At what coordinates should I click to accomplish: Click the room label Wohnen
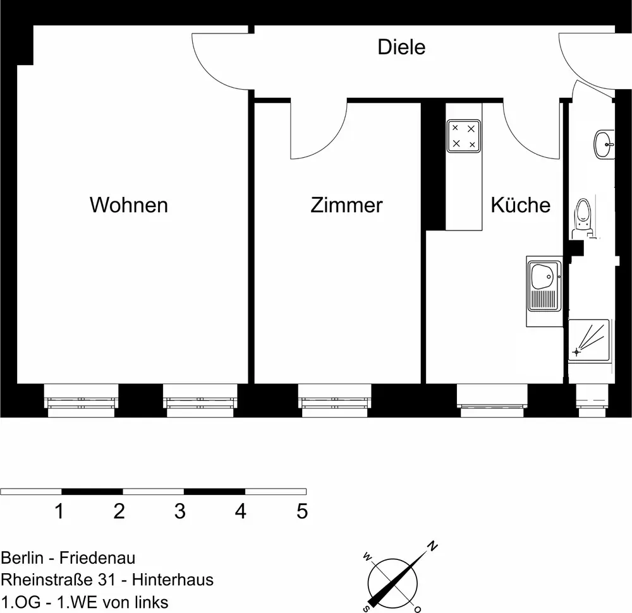(129, 205)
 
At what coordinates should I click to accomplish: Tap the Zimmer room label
(346, 205)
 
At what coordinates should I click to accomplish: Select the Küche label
(520, 205)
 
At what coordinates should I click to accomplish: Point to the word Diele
(401, 47)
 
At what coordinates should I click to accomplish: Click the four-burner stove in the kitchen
(463, 136)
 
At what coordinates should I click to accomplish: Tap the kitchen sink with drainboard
(544, 291)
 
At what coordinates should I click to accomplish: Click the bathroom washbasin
(604, 143)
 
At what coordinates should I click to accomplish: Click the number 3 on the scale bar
(180, 511)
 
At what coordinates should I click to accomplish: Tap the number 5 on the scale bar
(302, 511)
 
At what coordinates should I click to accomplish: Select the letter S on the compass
(366, 608)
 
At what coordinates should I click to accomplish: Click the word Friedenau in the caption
(99, 558)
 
